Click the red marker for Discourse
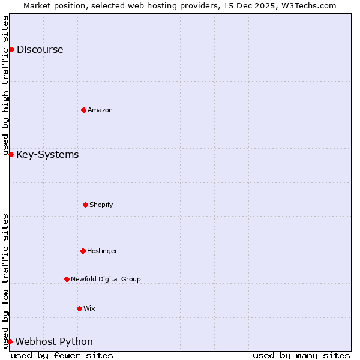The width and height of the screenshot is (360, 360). coord(11,49)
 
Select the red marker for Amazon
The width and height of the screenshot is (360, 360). coord(83,110)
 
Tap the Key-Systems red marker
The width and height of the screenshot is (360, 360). coord(11,154)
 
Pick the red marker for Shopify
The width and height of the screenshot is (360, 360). coord(85,205)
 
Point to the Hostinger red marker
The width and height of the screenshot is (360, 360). coord(83,251)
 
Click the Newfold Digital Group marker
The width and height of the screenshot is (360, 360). coord(67,279)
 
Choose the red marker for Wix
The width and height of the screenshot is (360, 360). coord(79,308)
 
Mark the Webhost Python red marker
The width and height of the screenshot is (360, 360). coord(10,341)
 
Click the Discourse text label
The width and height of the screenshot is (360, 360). coord(40,50)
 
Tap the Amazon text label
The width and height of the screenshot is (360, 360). coord(100,110)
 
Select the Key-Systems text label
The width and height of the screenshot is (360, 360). coord(47,155)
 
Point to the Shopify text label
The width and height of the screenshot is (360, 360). coord(101,205)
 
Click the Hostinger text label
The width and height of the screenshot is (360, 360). coord(102,251)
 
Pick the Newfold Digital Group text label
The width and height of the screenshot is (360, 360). coord(106,279)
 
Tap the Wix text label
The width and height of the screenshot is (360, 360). coord(89,308)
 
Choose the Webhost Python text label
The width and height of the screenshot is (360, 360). coord(54,342)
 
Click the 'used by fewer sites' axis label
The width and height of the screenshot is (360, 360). coord(62,355)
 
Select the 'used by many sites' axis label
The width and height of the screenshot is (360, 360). coord(301,355)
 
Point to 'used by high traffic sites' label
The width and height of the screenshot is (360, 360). coord(6,85)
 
